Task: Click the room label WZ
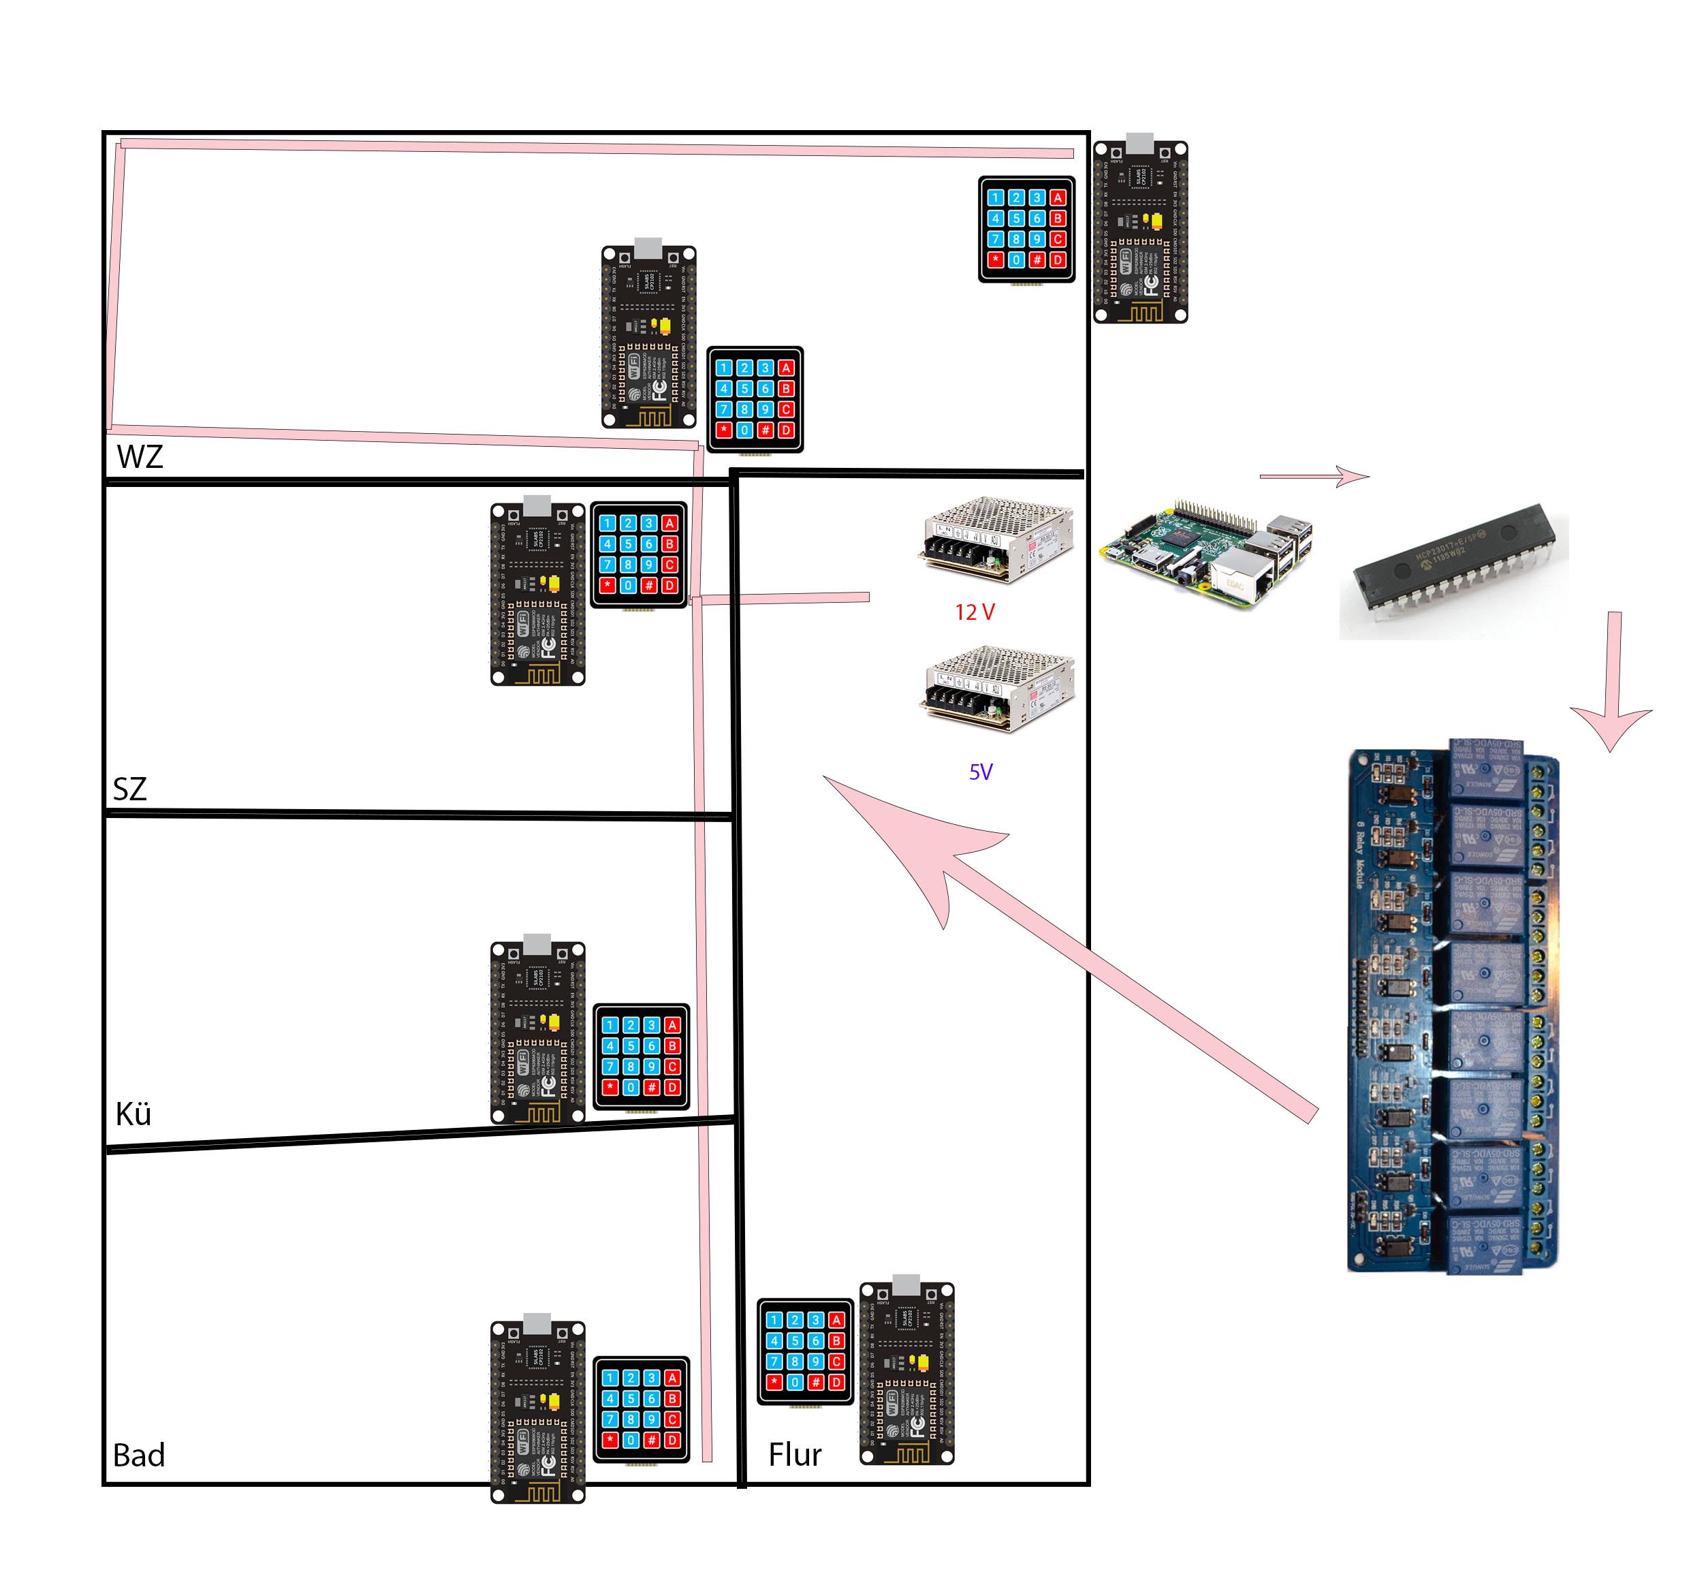point(140,457)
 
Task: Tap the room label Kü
point(133,1114)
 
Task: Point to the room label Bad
point(138,1455)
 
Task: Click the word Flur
point(794,1455)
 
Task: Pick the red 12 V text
point(975,612)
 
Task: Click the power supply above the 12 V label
point(996,540)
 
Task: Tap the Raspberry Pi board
point(1205,552)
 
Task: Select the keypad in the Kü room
point(641,1056)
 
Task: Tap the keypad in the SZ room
point(638,554)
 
